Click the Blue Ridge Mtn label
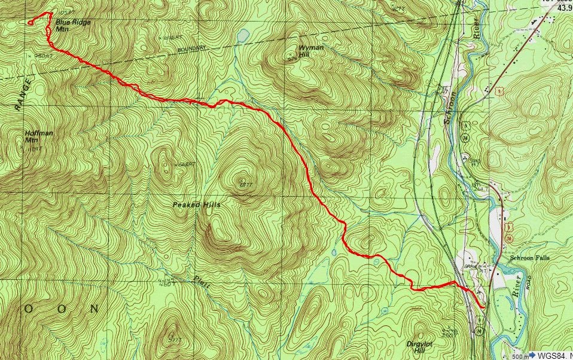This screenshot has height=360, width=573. click(69, 25)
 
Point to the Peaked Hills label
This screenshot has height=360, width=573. click(197, 205)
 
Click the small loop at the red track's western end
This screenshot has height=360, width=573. click(30, 23)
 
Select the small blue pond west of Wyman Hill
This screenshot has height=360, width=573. click(242, 36)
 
